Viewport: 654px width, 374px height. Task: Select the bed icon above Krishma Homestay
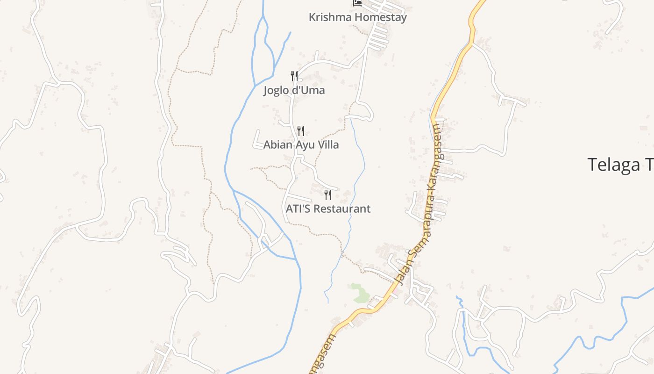coord(357,3)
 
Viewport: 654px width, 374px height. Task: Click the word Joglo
coord(276,90)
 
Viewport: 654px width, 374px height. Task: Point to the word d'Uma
coord(308,90)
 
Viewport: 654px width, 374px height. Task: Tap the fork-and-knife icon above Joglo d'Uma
coord(294,76)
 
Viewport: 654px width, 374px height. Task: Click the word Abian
coord(277,145)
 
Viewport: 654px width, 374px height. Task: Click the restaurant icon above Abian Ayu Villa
coord(301,130)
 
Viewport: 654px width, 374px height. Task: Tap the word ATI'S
coord(298,209)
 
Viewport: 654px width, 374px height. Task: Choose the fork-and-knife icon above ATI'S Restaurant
coord(328,194)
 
